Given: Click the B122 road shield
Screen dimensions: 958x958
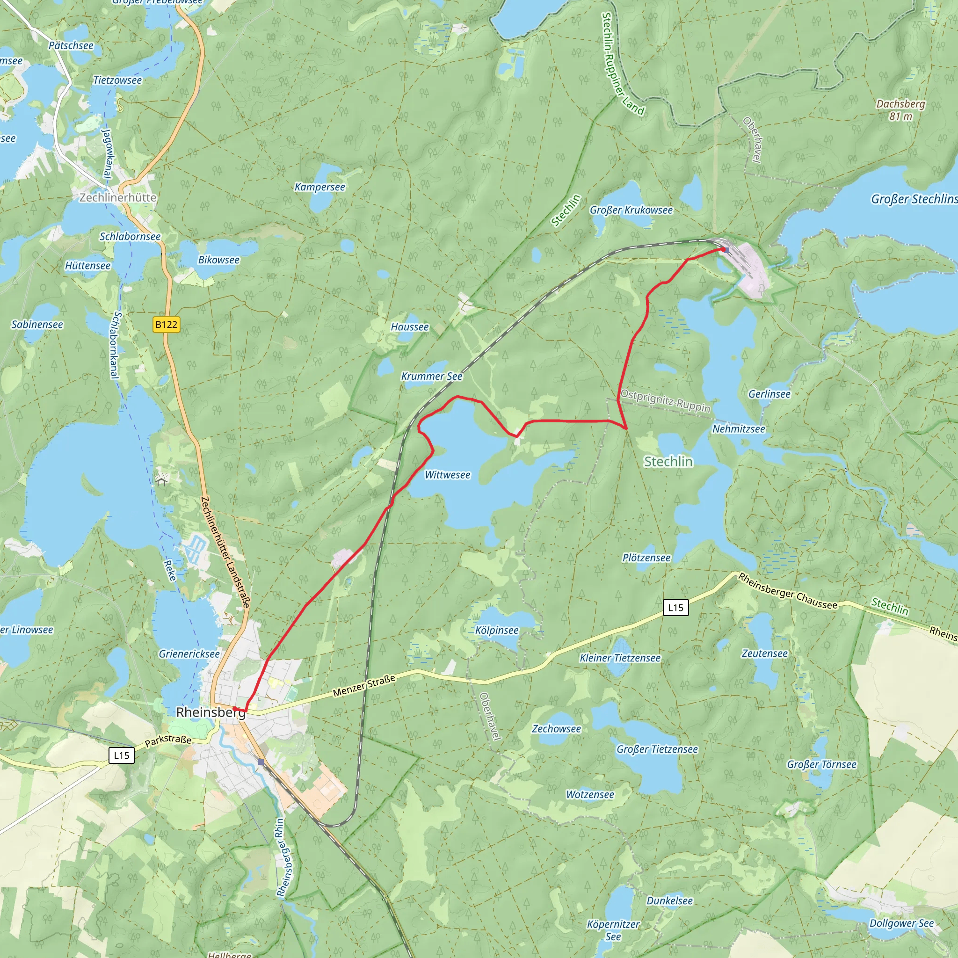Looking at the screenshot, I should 166,325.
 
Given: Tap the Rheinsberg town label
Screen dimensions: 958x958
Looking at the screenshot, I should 211,712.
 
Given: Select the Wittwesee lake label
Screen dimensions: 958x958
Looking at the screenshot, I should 447,475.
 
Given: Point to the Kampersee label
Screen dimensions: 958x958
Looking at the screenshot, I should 320,187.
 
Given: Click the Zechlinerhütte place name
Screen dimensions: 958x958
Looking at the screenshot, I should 118,197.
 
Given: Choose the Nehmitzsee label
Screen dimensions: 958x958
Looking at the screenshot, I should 739,429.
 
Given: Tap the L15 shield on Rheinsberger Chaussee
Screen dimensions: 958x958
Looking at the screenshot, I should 675,608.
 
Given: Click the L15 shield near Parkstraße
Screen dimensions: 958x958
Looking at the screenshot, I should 122,756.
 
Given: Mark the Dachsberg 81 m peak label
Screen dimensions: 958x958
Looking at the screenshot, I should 900,109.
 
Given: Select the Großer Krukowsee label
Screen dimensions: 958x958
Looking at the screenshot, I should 631,210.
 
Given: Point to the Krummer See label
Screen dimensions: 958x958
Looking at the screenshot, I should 431,377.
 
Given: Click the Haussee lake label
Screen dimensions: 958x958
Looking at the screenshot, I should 410,327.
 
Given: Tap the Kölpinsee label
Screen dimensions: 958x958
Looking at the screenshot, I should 497,630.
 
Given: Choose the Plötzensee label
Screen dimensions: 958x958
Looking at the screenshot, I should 646,558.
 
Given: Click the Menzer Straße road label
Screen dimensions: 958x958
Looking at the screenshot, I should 364,685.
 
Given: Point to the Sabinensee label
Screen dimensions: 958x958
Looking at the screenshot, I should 37,324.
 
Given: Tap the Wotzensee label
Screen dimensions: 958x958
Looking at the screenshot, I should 590,795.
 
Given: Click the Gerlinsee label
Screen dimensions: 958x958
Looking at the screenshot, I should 769,394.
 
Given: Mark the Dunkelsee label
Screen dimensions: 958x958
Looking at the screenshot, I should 669,901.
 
